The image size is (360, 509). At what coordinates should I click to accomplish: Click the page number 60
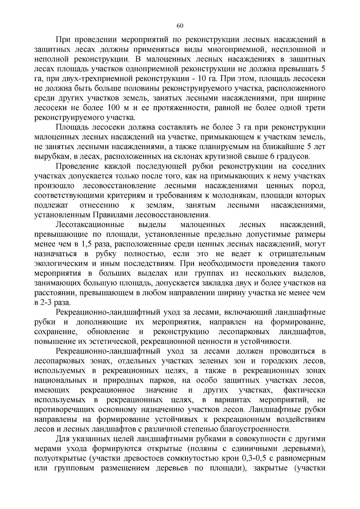click(x=180, y=25)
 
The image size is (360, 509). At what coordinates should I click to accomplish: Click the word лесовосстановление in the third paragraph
click(x=119, y=186)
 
